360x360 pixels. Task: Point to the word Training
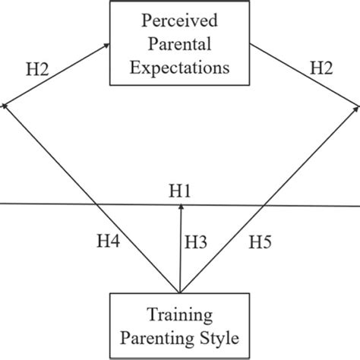point(181,312)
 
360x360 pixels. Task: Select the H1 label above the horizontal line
point(180,191)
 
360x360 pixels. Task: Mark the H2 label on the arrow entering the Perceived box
point(38,70)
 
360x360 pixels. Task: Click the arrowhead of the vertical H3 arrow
point(180,210)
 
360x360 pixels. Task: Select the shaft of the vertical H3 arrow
point(180,251)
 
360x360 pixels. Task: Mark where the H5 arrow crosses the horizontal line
point(264,204)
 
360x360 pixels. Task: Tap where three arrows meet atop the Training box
point(180,291)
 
